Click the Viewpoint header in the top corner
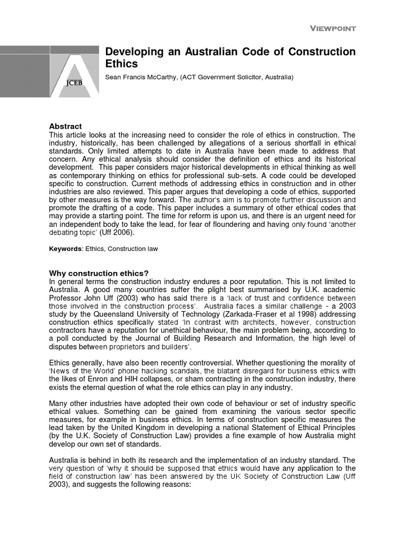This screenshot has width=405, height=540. tap(332, 28)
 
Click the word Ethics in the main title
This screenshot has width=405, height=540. tap(121, 64)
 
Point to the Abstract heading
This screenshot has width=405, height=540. tap(65, 127)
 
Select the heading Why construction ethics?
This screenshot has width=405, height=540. tap(99, 273)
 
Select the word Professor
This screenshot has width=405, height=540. tap(67, 297)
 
